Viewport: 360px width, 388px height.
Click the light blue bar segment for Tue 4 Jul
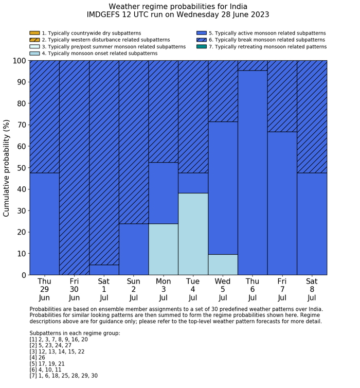click(x=193, y=234)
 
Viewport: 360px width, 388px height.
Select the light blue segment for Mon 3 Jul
click(x=163, y=249)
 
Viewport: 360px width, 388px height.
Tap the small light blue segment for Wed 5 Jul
click(x=223, y=264)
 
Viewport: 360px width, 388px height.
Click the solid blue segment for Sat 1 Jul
click(x=104, y=270)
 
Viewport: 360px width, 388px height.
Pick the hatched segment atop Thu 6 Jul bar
click(x=253, y=65)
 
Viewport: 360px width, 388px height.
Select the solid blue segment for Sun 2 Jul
click(x=134, y=249)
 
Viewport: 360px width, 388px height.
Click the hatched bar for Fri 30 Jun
click(x=74, y=167)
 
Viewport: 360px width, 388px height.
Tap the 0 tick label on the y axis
click(x=23, y=275)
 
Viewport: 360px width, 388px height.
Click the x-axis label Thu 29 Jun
click(x=44, y=290)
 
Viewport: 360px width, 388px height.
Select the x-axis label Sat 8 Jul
click(x=312, y=290)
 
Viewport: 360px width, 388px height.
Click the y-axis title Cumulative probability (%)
click(x=7, y=168)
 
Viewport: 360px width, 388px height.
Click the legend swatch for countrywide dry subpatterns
click(x=34, y=33)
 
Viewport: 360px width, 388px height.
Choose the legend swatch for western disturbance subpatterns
click(x=34, y=40)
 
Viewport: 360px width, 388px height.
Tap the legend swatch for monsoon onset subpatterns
click(x=34, y=53)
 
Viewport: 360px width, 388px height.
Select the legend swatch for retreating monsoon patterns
click(x=201, y=46)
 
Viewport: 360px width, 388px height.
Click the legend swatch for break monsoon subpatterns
click(x=201, y=40)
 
